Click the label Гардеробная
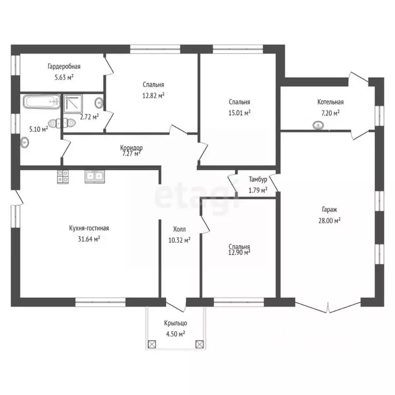coord(64,66)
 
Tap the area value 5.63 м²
coord(64,77)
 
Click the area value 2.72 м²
coord(89,117)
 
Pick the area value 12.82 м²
coord(154,96)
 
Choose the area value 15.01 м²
coord(240,113)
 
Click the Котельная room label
coord(330,102)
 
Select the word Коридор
coord(131,148)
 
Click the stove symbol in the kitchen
coord(63,176)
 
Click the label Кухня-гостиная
coord(89,228)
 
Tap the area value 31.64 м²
coord(89,239)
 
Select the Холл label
coord(179,229)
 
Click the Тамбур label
coord(258,180)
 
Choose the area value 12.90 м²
coord(240,253)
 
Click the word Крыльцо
coord(175,323)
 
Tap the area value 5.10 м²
coord(39,129)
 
